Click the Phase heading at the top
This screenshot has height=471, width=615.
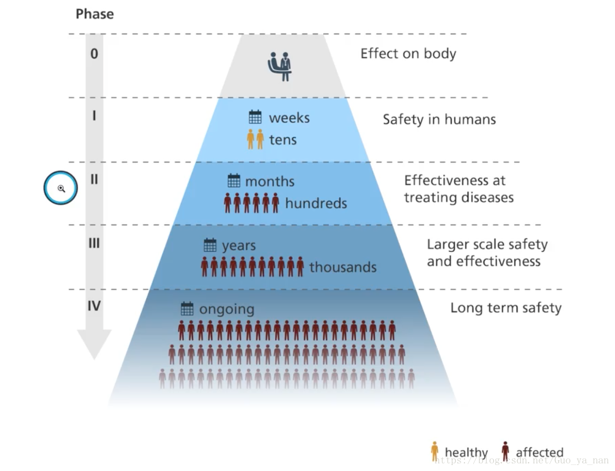click(x=94, y=14)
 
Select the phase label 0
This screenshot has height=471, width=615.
click(x=94, y=53)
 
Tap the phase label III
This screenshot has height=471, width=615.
click(x=94, y=243)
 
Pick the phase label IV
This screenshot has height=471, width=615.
click(x=94, y=306)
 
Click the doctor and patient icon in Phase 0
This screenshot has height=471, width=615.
click(x=280, y=67)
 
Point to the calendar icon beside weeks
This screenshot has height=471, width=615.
click(x=255, y=117)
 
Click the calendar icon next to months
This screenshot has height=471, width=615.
click(x=234, y=180)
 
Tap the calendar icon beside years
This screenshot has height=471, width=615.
click(x=210, y=245)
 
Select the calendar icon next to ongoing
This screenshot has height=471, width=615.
click(x=187, y=309)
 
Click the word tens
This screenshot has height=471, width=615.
click(x=283, y=140)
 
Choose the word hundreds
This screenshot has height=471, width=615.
click(x=316, y=204)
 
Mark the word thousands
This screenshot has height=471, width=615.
click(x=343, y=267)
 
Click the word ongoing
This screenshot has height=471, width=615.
click(x=227, y=310)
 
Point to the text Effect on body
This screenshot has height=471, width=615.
click(x=408, y=54)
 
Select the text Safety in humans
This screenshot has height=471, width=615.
click(x=439, y=119)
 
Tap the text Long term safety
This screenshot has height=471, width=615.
click(x=506, y=308)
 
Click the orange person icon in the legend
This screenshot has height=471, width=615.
click(x=435, y=451)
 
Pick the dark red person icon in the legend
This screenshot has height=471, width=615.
click(x=505, y=451)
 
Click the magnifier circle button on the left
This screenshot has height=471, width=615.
click(x=61, y=188)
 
